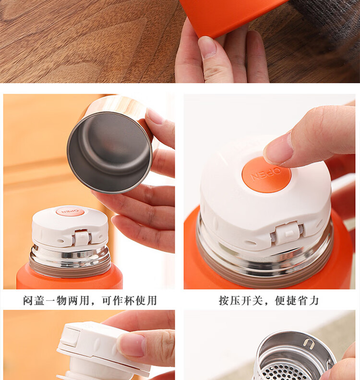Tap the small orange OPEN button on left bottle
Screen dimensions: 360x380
pyautogui.click(x=70, y=212)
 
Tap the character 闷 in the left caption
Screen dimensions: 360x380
pyautogui.click(x=28, y=300)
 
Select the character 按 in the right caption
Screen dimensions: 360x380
pyautogui.click(x=224, y=300)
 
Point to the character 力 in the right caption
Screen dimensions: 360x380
pyautogui.click(x=313, y=300)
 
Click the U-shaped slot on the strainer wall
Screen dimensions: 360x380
pyautogui.click(x=308, y=344)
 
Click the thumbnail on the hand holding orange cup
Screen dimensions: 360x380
pyautogui.click(x=207, y=47)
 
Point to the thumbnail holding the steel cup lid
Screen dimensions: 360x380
pyautogui.click(x=155, y=116)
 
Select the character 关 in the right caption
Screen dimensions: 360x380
pyautogui.click(x=257, y=300)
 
